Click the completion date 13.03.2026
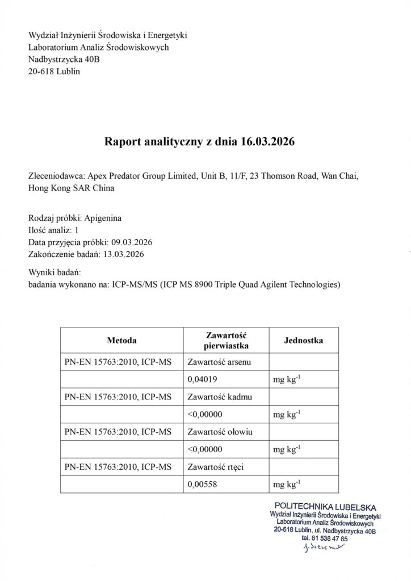point(124,254)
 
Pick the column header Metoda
point(121,341)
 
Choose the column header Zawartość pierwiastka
point(226,341)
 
